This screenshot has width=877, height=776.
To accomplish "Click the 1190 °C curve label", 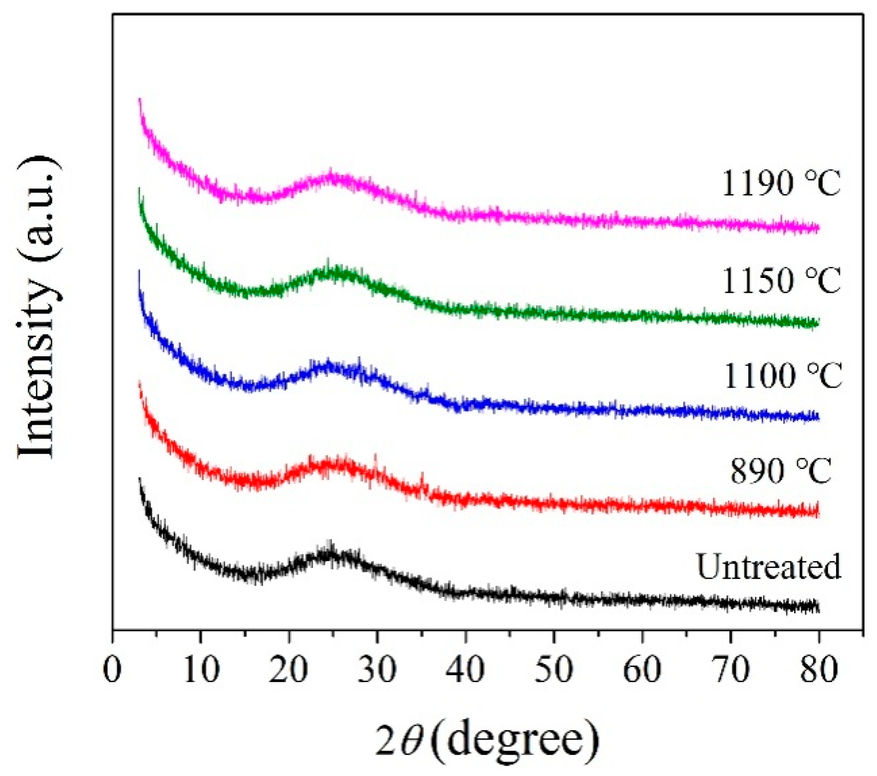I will pyautogui.click(x=781, y=183).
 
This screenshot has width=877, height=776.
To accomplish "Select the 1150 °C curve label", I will pyautogui.click(x=781, y=280).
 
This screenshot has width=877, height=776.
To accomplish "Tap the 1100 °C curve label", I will pyautogui.click(x=782, y=375).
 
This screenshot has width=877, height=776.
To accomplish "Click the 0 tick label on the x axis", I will pyautogui.click(x=113, y=670).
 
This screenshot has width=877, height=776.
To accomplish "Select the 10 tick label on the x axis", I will pyautogui.click(x=201, y=670).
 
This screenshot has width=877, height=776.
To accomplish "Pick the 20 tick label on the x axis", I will pyautogui.click(x=289, y=670).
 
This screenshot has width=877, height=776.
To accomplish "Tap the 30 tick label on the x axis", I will pyautogui.click(x=377, y=670).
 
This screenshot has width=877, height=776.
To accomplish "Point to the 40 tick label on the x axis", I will pyautogui.click(x=465, y=670).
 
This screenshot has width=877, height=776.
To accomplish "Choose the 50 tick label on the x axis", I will pyautogui.click(x=554, y=670).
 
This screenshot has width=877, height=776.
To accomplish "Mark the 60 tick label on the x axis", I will pyautogui.click(x=642, y=670).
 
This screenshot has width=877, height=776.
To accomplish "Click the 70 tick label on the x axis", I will pyautogui.click(x=730, y=670).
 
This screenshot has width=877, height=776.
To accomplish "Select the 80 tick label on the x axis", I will pyautogui.click(x=819, y=670).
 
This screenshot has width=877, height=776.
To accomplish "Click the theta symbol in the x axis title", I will pyautogui.click(x=412, y=741).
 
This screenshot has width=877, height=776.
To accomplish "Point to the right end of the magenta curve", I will pyautogui.click(x=818, y=228).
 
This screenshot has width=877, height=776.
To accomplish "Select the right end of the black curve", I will pyautogui.click(x=818, y=607).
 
